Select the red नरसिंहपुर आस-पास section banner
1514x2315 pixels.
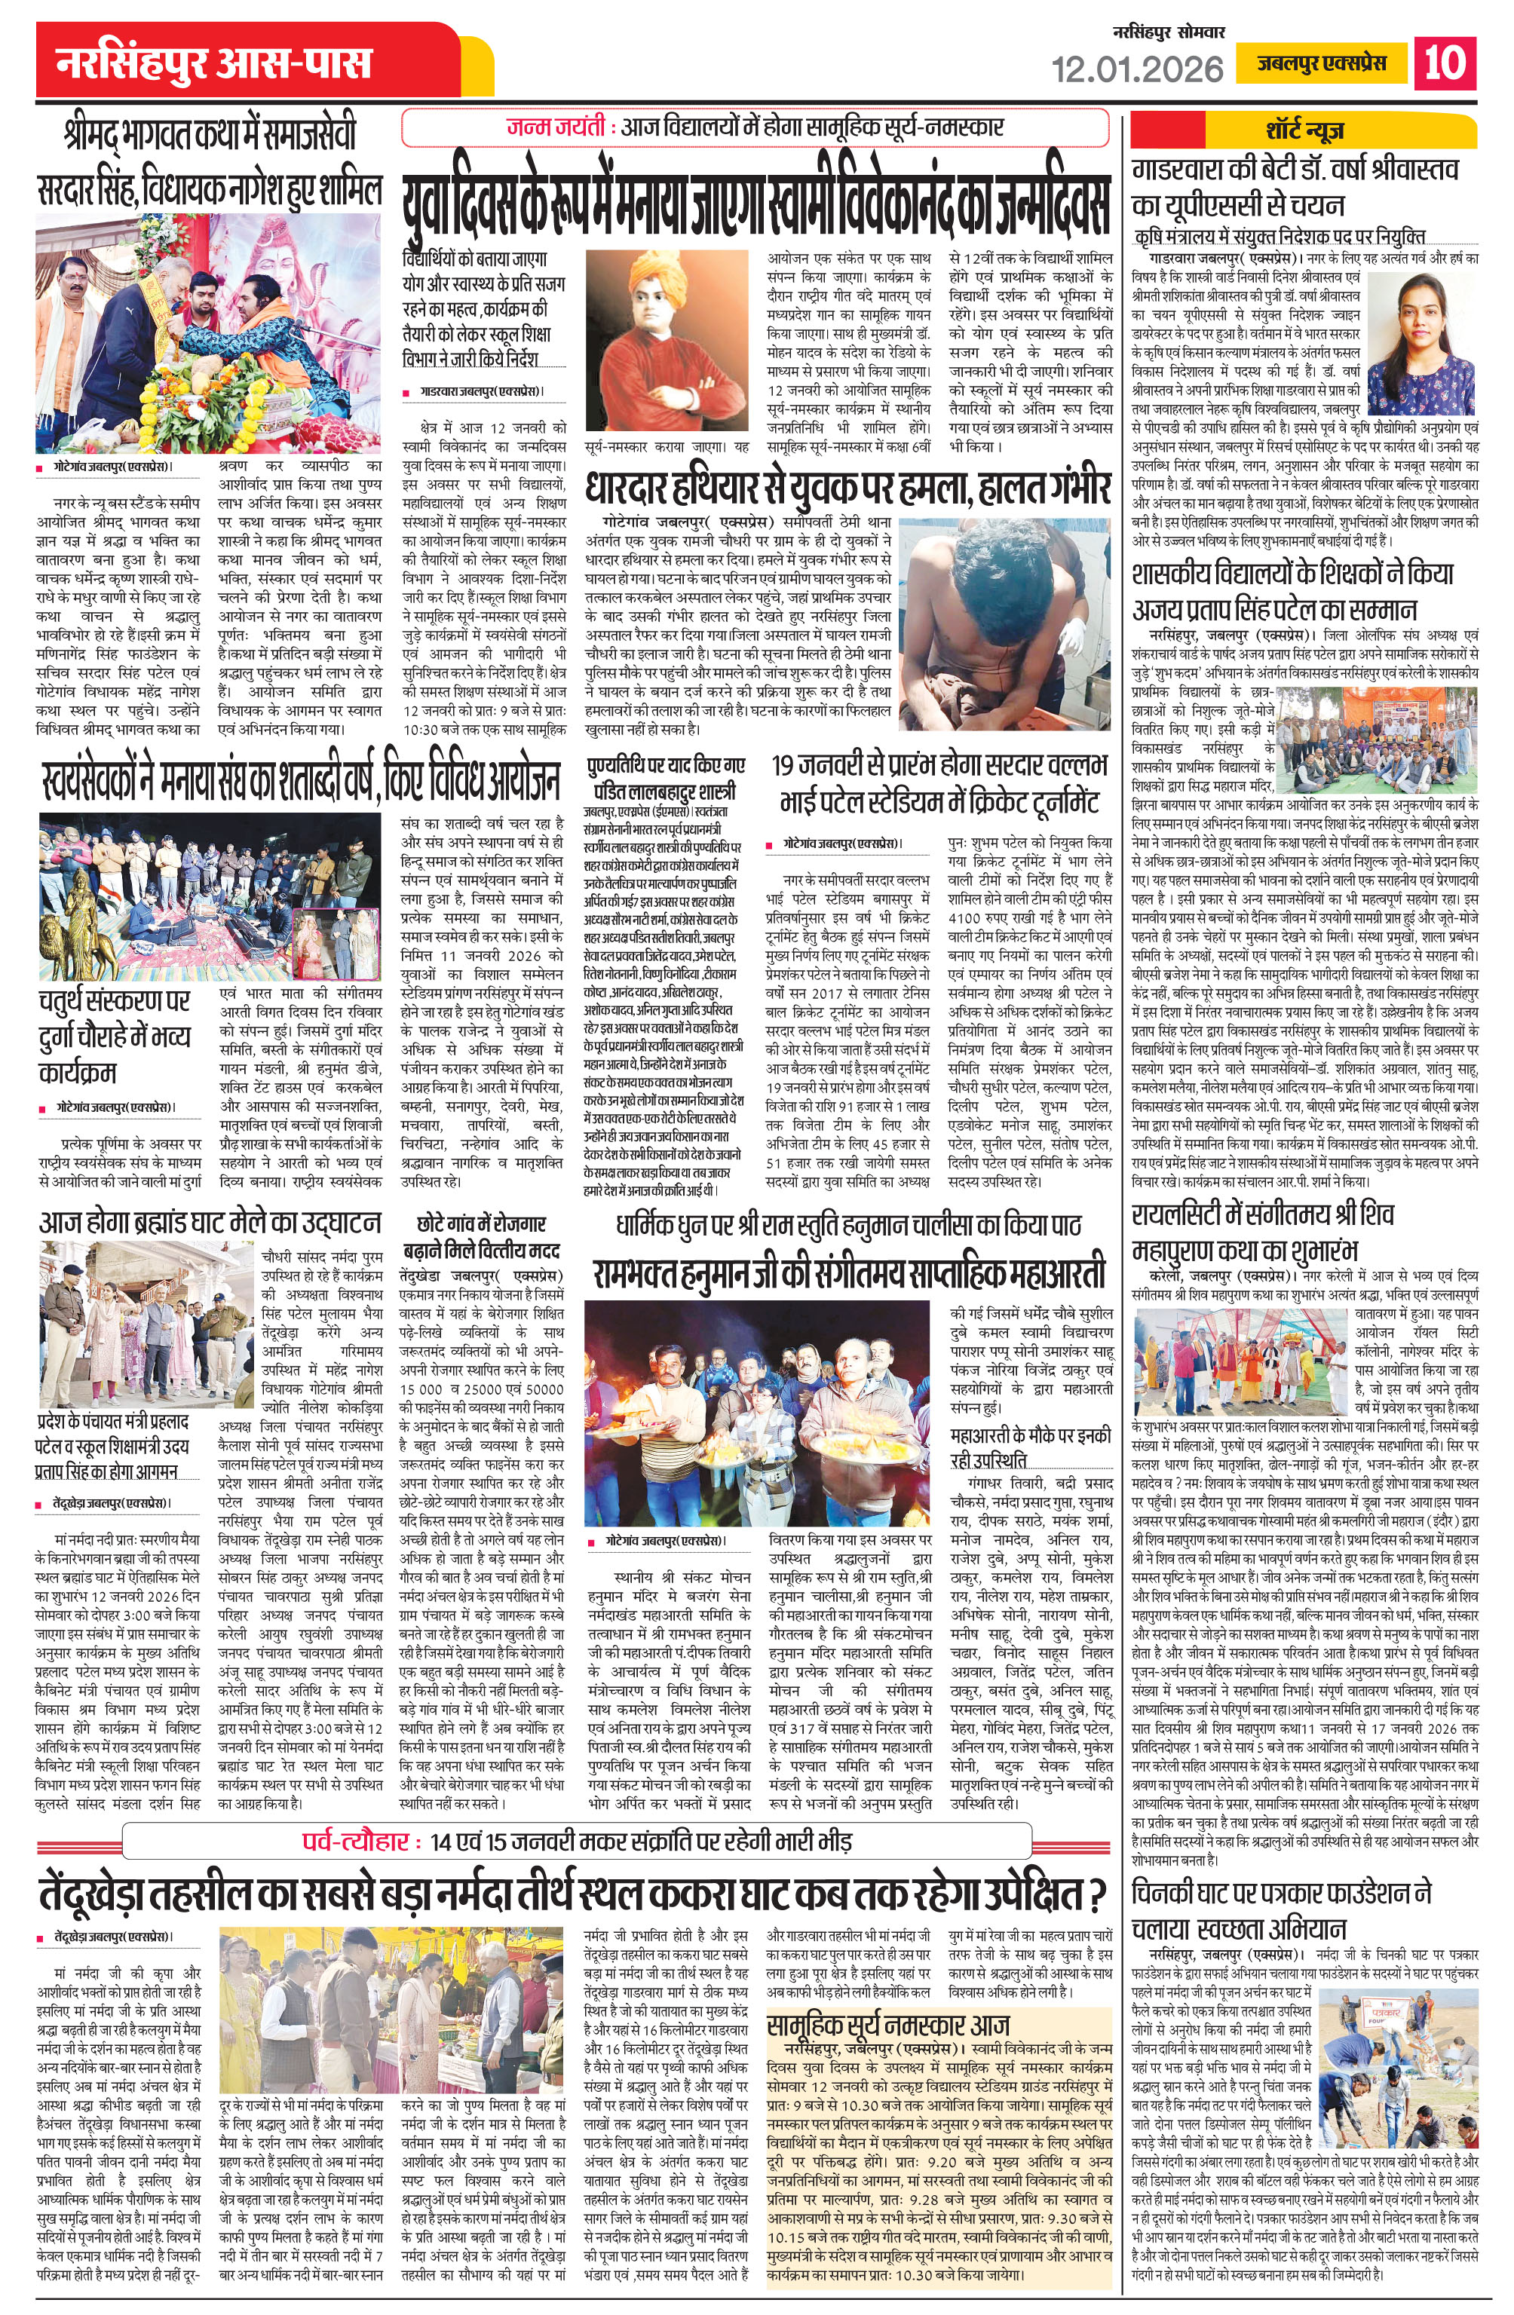[214, 64]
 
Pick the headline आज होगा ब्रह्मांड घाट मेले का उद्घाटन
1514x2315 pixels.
[209, 1222]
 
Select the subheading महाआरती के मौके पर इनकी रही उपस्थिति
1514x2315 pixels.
[1031, 1447]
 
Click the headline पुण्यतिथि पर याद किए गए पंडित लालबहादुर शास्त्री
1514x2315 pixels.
[667, 777]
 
